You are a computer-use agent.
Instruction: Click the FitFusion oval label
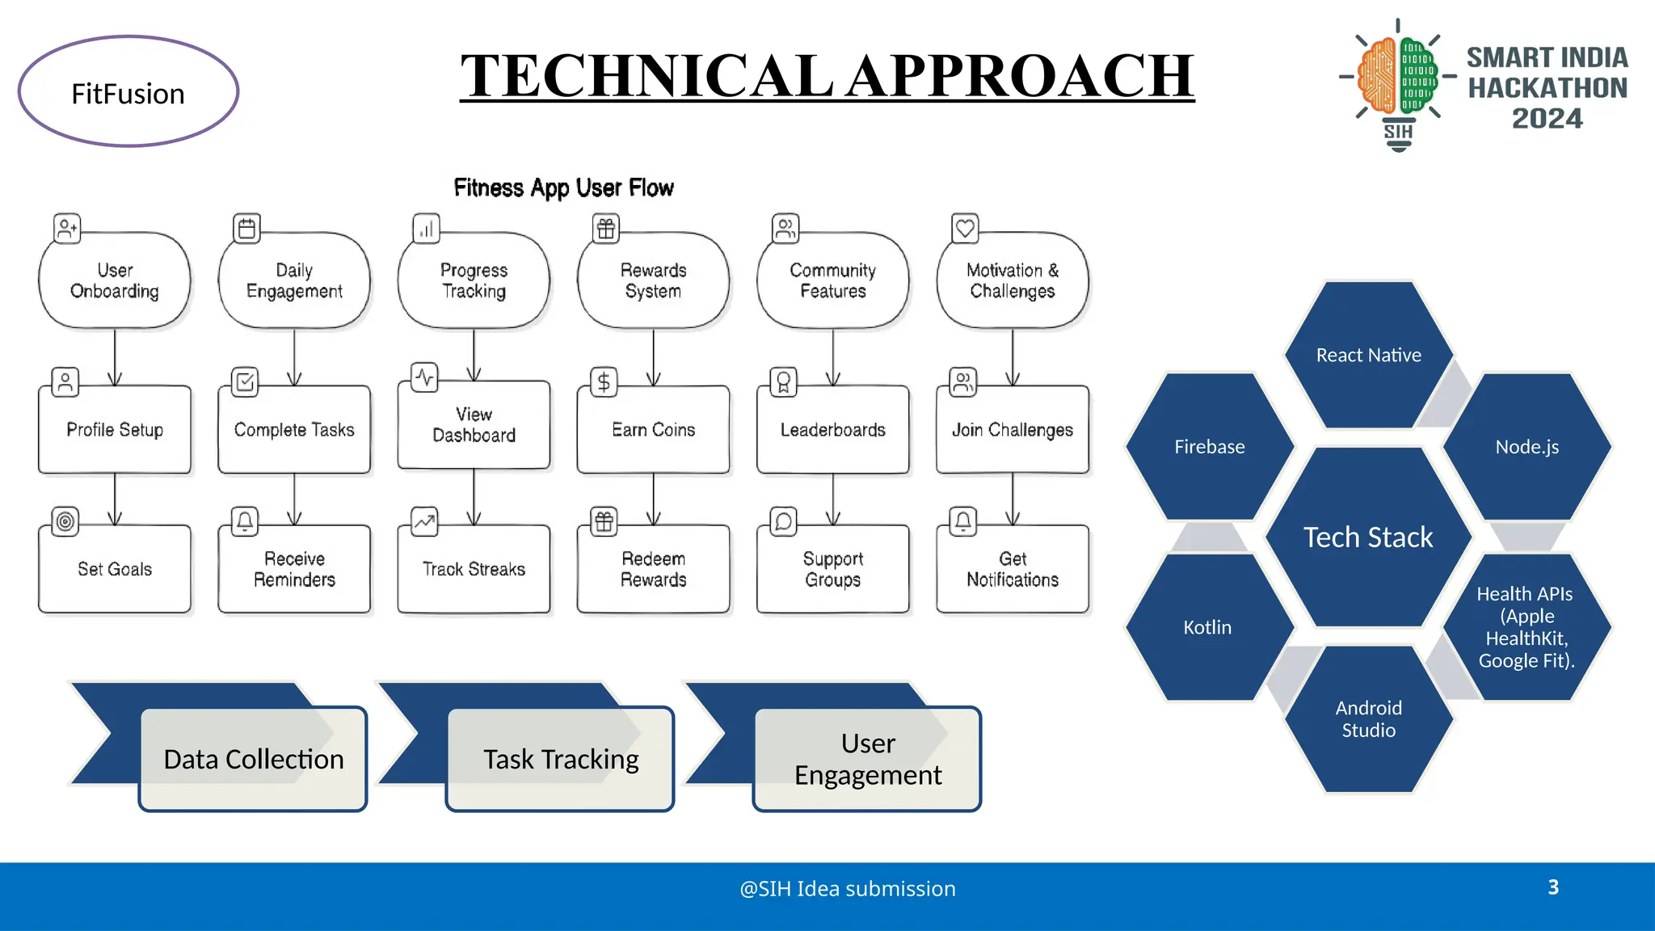click(128, 92)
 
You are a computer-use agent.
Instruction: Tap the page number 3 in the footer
click(1552, 887)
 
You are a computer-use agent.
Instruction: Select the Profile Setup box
click(115, 430)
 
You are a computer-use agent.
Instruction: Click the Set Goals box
click(115, 570)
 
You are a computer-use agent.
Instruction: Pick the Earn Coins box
click(653, 430)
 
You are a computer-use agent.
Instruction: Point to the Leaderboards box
click(832, 430)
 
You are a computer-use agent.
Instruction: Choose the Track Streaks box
click(474, 570)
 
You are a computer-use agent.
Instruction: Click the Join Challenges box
click(1012, 430)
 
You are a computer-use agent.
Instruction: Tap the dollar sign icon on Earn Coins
click(604, 382)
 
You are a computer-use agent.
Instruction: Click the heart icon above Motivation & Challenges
click(965, 229)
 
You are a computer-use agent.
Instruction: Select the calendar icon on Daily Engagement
click(246, 229)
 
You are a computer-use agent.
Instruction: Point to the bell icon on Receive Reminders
click(245, 521)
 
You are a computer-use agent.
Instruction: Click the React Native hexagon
click(1368, 356)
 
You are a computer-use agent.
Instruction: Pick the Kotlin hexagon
click(1207, 627)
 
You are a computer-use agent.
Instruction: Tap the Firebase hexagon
click(1209, 447)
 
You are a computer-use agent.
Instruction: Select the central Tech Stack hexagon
click(1368, 537)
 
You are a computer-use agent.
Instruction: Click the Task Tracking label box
click(561, 760)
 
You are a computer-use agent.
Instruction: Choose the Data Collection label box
click(254, 760)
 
